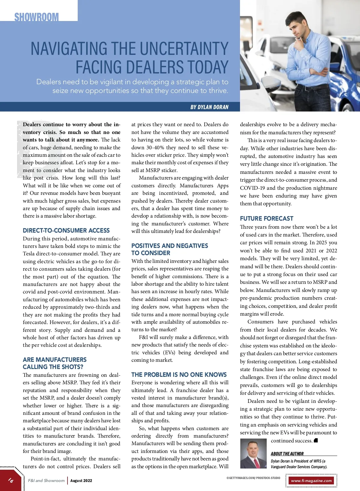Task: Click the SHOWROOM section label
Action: point(37,17)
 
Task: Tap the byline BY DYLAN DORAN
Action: point(209,107)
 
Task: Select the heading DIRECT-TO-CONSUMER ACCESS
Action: point(66,231)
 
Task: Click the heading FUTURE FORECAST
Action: point(266,219)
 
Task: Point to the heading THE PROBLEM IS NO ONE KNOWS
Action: point(179,375)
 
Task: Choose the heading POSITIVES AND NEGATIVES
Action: point(169,246)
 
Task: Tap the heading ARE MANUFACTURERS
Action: point(55,360)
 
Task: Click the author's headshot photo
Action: point(253,454)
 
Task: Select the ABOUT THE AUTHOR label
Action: point(287,454)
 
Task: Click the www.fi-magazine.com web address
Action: point(311,481)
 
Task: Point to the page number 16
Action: point(11,480)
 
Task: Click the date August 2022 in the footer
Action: point(81,481)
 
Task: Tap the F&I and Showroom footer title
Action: point(46,481)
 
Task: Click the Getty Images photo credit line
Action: point(253,478)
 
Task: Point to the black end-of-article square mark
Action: point(316,440)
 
